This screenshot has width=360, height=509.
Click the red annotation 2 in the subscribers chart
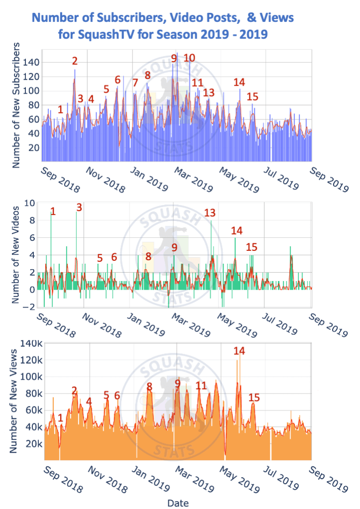pyautogui.click(x=75, y=61)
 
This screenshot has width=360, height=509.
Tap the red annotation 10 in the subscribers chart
pyautogui.click(x=189, y=58)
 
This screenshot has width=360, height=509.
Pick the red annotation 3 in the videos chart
pyautogui.click(x=79, y=207)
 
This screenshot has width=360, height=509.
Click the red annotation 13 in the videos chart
pyautogui.click(x=210, y=213)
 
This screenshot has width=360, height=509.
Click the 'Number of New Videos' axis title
pyautogui.click(x=16, y=255)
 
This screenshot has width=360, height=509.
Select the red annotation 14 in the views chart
pyautogui.click(x=239, y=351)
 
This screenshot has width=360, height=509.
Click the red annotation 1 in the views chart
pyautogui.click(x=60, y=418)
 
